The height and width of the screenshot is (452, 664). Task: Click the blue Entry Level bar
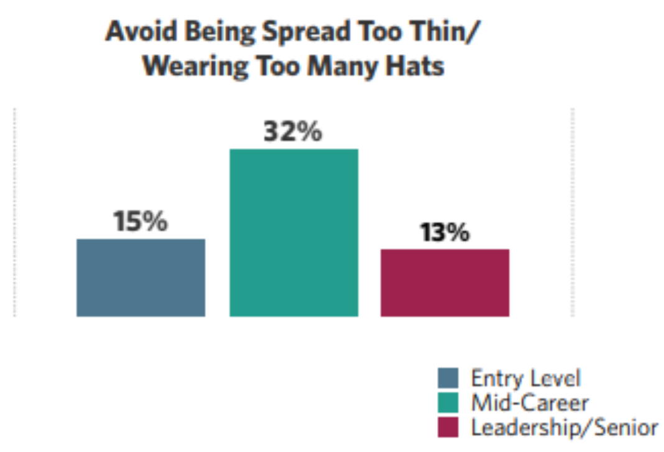(141, 278)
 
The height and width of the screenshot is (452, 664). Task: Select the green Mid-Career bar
(293, 233)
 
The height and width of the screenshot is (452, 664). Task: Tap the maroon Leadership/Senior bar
(445, 283)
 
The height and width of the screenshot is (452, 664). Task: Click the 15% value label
(140, 222)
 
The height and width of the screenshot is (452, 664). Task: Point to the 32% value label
(293, 133)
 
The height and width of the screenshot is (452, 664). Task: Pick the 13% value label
(444, 233)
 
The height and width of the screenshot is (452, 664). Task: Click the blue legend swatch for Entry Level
(448, 379)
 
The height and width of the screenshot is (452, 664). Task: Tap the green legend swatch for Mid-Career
(448, 403)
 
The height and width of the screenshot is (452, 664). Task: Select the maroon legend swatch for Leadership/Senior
(448, 428)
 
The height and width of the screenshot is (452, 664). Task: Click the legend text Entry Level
(526, 379)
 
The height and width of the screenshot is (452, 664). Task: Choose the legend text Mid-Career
(530, 403)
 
